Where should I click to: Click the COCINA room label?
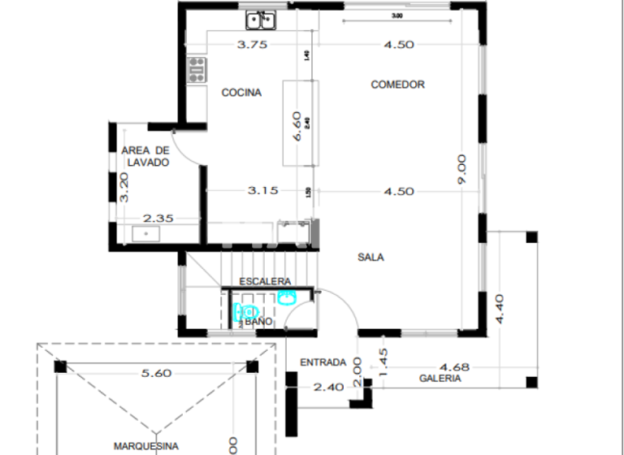[x=241, y=93]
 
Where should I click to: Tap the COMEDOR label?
[x=397, y=84]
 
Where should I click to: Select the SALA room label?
[x=370, y=258]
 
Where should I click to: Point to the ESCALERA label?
[x=264, y=281]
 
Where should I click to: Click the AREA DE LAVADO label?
[x=145, y=156]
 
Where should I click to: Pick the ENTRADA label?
[x=323, y=362]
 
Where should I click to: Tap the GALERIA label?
[x=440, y=379]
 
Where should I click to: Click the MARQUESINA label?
[x=145, y=445]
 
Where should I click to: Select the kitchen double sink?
[x=262, y=19]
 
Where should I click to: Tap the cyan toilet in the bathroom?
[x=246, y=311]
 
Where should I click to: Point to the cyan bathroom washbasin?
[x=286, y=297]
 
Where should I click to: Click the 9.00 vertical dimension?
[x=461, y=167]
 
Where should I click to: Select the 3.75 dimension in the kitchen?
[x=252, y=45]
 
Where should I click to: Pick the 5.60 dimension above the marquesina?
[x=156, y=373]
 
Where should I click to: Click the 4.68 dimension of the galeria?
[x=455, y=366]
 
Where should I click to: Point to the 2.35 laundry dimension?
[x=159, y=218]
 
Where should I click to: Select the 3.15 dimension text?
[x=263, y=190]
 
